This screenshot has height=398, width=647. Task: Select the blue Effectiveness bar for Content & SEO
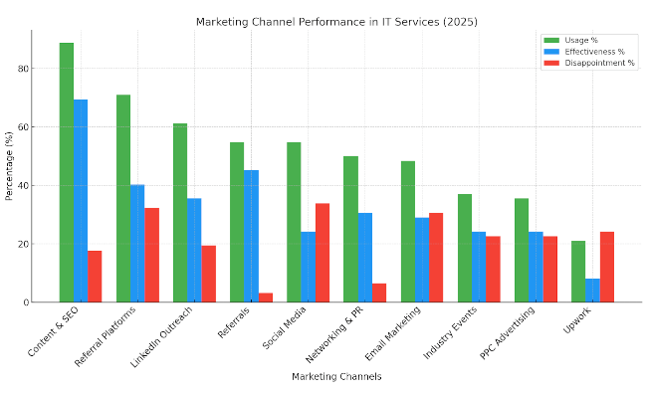(x=81, y=200)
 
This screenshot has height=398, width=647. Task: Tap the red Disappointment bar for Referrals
(x=266, y=297)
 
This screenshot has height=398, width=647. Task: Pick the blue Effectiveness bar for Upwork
(x=592, y=290)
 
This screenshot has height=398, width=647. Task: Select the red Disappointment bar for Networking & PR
(x=379, y=293)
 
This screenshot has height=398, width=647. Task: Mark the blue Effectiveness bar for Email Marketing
(x=422, y=260)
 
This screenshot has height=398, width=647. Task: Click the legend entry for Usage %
(x=587, y=40)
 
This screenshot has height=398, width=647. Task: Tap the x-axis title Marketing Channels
(x=336, y=376)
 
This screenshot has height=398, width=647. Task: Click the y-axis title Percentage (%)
(x=9, y=166)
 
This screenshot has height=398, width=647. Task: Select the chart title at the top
(x=335, y=21)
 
